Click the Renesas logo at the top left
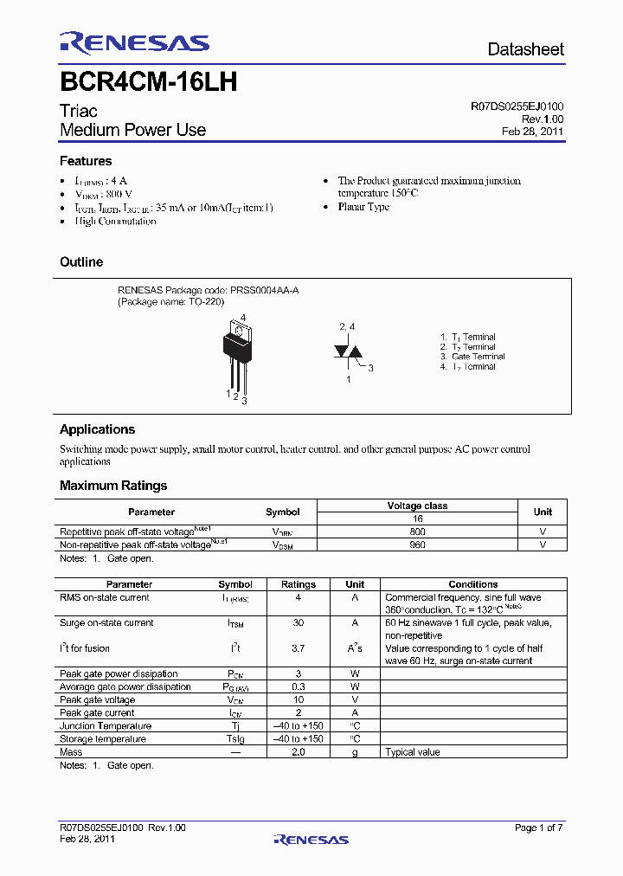tap(134, 42)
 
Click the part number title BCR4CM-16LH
tap(148, 82)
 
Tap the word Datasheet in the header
tap(525, 49)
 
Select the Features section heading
tap(86, 161)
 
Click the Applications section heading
tap(97, 429)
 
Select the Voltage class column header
tap(417, 506)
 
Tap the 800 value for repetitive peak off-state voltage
tap(417, 531)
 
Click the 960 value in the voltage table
tap(417, 544)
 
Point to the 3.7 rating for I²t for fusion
tap(299, 648)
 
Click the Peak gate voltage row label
tap(97, 699)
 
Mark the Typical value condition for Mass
tap(413, 752)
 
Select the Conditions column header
tap(473, 584)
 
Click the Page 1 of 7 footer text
tap(538, 828)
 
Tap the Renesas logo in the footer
tap(311, 839)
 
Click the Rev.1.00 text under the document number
tap(542, 119)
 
